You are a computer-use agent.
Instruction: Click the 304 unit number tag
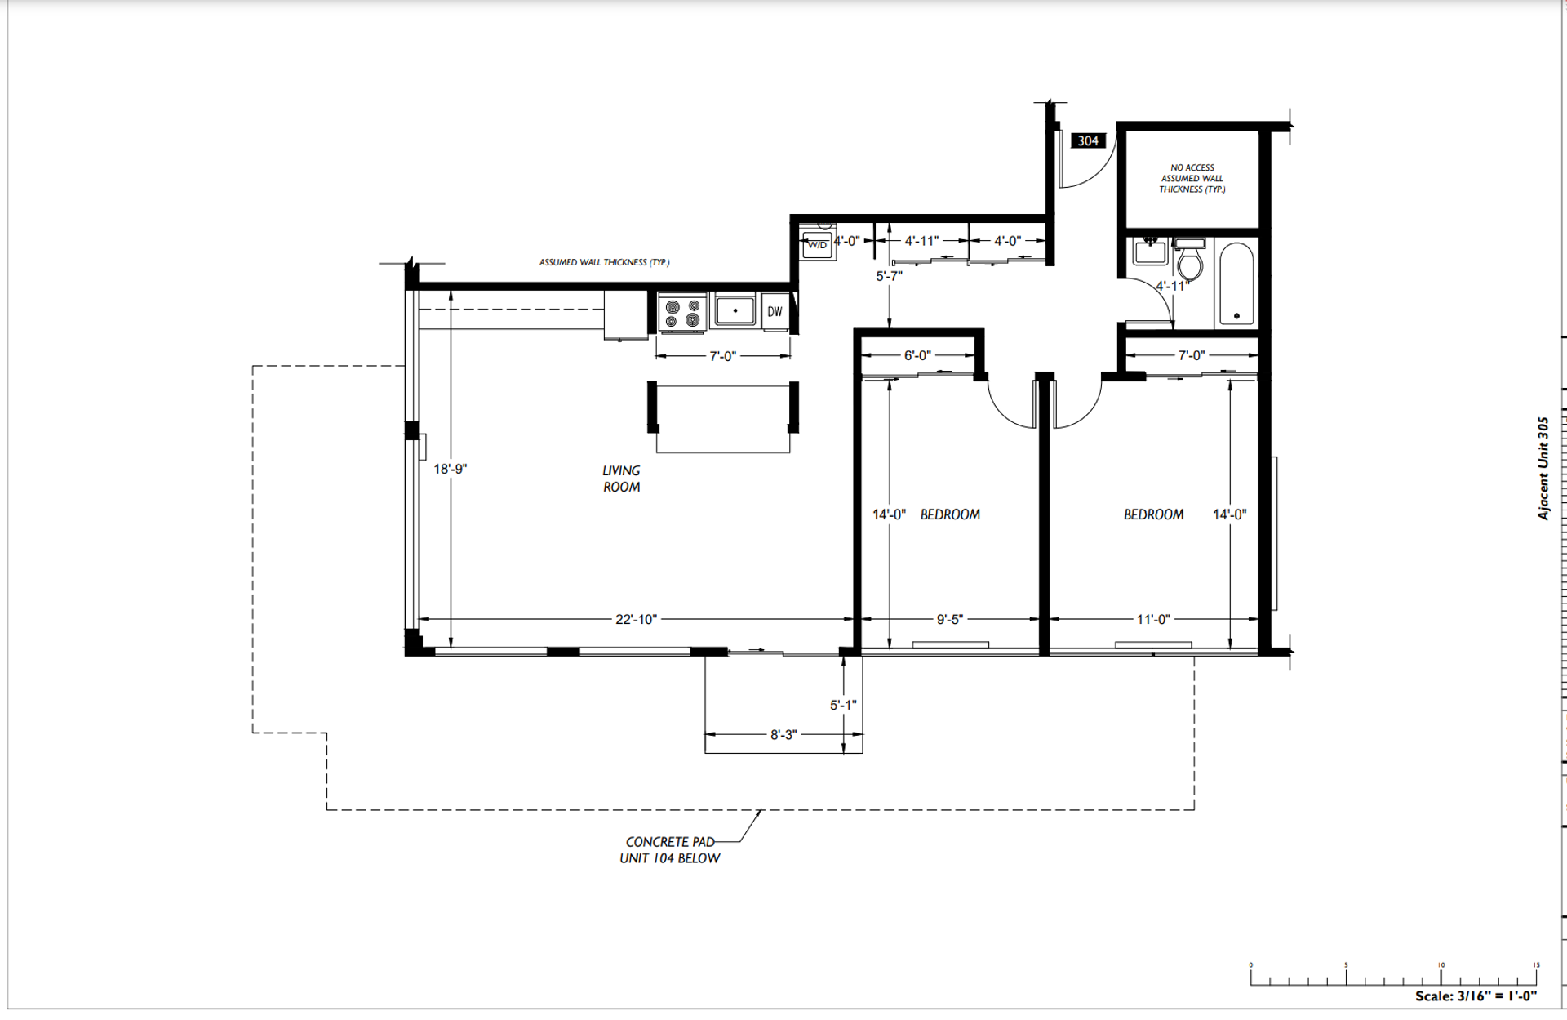[x=1088, y=140]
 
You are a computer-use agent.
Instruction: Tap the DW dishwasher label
[x=775, y=311]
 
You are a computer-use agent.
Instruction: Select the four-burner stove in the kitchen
[x=682, y=313]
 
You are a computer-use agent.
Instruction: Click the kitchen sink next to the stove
[x=735, y=310]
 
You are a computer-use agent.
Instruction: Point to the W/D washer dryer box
[x=818, y=244]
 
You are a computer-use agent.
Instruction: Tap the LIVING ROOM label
[x=621, y=479]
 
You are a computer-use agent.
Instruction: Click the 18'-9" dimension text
[x=450, y=469]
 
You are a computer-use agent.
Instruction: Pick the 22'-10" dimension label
[x=636, y=619]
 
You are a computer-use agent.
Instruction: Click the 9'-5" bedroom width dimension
[x=949, y=619]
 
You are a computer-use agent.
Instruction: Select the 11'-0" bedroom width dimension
[x=1152, y=619]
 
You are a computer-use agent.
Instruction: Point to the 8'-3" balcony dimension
[x=783, y=734]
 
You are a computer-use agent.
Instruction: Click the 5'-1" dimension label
[x=843, y=704]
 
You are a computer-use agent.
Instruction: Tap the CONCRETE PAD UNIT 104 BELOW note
[x=670, y=849]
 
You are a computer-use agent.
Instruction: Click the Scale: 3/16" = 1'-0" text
[x=1476, y=996]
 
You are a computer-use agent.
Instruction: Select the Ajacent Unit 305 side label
[x=1543, y=469]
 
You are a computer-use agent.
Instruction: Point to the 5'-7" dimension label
[x=889, y=276]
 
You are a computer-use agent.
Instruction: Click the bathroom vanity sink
[x=1151, y=251]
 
